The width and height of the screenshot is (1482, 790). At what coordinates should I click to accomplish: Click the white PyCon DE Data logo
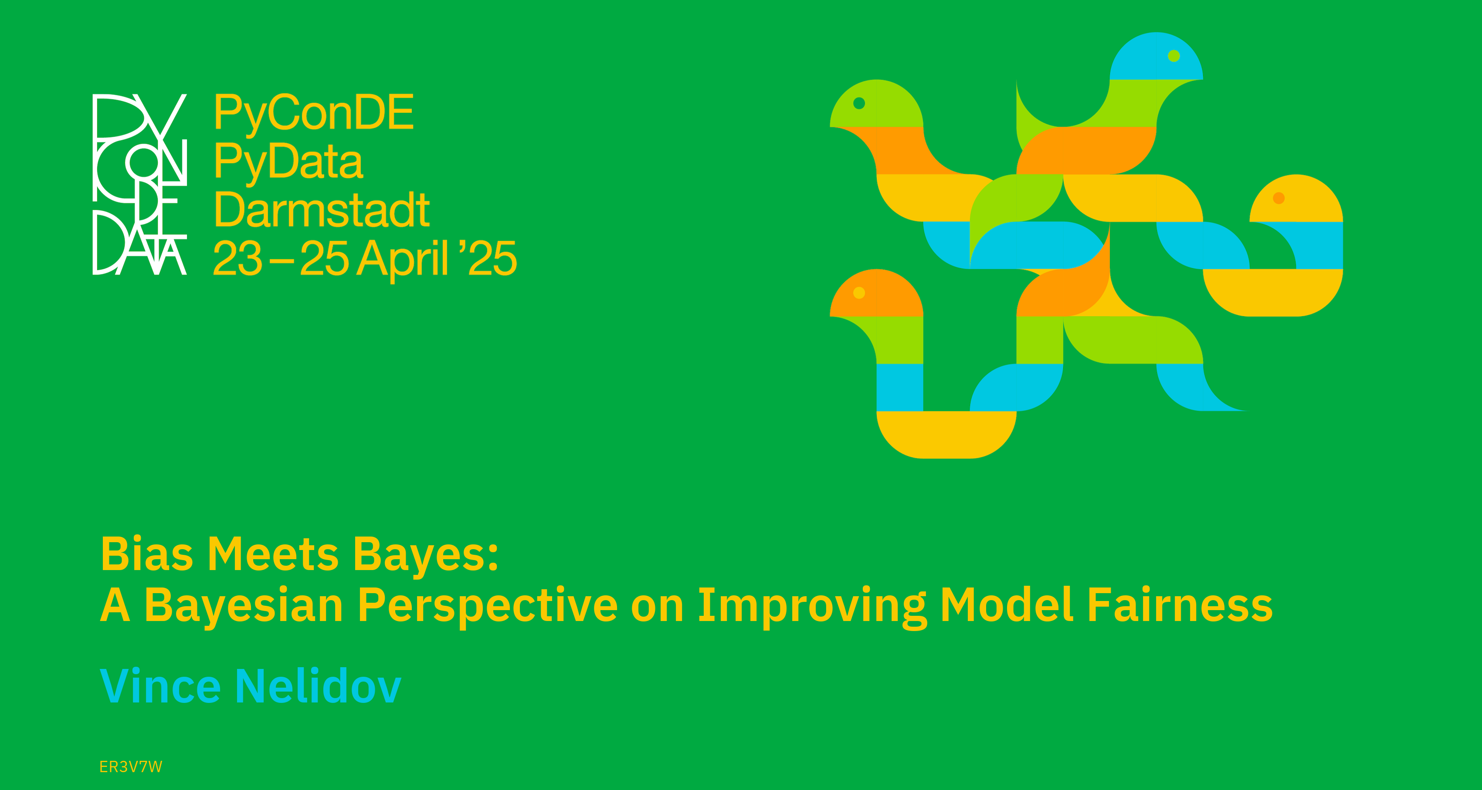(x=140, y=184)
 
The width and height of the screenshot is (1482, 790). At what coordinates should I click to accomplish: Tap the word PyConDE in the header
(x=314, y=113)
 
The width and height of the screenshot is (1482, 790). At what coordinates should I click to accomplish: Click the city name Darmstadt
(x=322, y=210)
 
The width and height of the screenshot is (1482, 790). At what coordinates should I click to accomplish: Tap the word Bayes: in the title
(x=426, y=555)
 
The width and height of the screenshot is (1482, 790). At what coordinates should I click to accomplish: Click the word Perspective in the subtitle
(x=488, y=606)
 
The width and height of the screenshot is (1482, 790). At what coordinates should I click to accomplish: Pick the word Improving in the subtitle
(x=812, y=606)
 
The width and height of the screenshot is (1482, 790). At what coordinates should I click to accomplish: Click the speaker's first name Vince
(x=160, y=685)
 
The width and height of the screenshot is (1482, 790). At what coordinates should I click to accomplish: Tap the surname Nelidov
(x=318, y=685)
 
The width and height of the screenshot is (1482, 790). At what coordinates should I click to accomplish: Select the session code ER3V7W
(x=131, y=766)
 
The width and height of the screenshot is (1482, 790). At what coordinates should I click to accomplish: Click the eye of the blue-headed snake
(x=1174, y=56)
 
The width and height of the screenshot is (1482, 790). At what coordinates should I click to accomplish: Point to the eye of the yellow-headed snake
(x=1279, y=198)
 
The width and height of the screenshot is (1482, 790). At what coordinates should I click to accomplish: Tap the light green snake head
(x=876, y=104)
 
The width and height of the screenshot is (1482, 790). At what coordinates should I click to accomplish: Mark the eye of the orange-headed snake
(x=859, y=293)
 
